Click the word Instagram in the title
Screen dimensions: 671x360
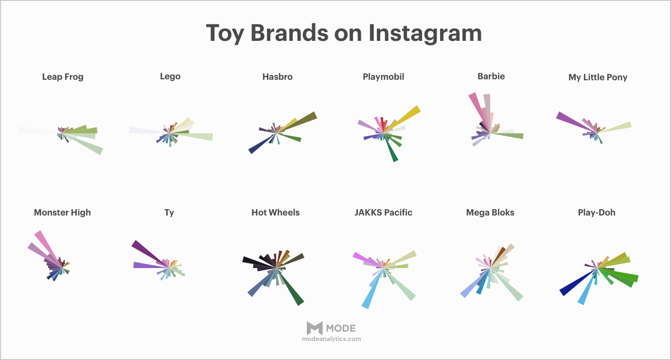pyautogui.click(x=425, y=34)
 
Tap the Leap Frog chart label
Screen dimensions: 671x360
pyautogui.click(x=63, y=77)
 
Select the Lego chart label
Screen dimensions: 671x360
pyautogui.click(x=170, y=76)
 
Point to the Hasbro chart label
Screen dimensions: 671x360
pyautogui.click(x=277, y=77)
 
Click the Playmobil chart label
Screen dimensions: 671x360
pyautogui.click(x=384, y=77)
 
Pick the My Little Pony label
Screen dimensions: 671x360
pyautogui.click(x=598, y=77)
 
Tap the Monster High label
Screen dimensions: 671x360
pyautogui.click(x=62, y=213)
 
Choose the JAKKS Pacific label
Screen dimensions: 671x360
pyautogui.click(x=384, y=213)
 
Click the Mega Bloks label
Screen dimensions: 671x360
pyautogui.click(x=490, y=213)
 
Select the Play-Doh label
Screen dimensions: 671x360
pyautogui.click(x=597, y=213)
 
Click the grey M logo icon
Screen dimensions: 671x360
pyautogui.click(x=315, y=328)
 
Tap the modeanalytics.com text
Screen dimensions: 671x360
pyautogui.click(x=331, y=339)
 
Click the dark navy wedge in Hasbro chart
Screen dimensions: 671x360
pyautogui.click(x=262, y=144)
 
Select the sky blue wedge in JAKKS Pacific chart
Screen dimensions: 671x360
pyautogui.click(x=372, y=289)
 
